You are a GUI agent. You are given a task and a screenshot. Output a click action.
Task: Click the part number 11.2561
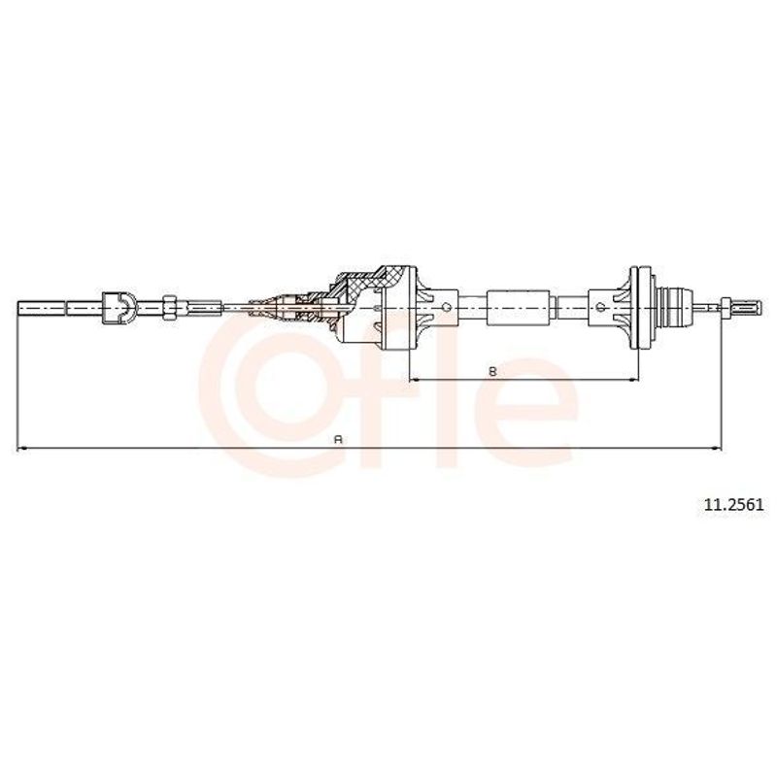coord(734,504)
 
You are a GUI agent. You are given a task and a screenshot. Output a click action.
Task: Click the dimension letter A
coord(339,439)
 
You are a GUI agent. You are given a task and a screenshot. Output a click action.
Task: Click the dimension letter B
coord(492,371)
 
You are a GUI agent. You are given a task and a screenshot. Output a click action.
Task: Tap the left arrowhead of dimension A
coord(20,449)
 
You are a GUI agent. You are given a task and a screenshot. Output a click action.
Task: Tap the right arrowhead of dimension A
coord(717,449)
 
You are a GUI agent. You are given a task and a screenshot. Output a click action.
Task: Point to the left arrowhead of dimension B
coord(414,380)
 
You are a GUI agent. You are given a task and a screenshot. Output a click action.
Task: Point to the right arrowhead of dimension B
coord(634,380)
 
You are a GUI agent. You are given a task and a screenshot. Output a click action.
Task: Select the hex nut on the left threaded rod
coord(169,308)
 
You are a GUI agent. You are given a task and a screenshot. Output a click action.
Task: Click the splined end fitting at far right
coord(740,307)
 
